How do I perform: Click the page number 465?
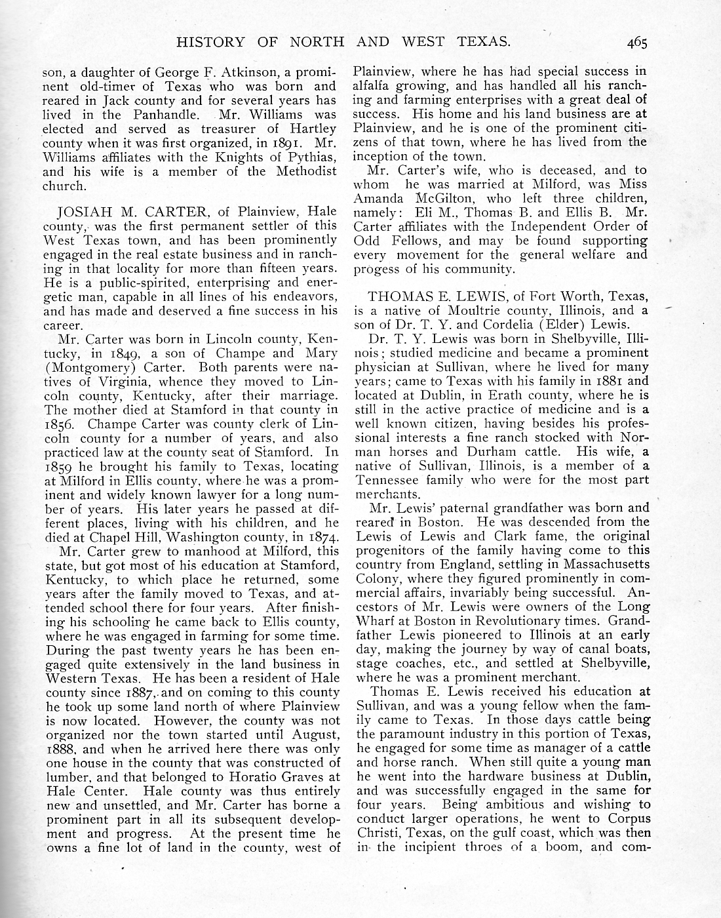coord(636,43)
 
